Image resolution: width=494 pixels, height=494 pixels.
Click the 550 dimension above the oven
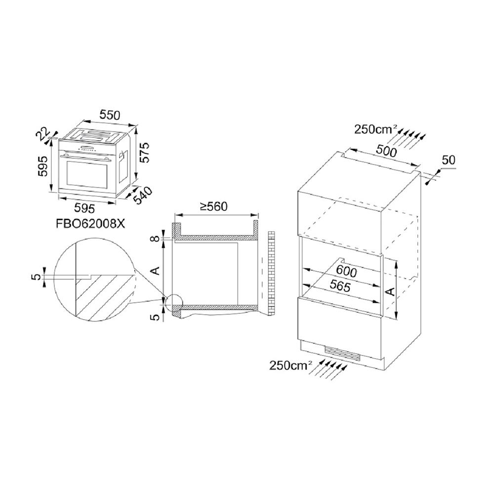pos(110,115)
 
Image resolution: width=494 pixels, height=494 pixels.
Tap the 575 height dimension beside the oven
pos(144,153)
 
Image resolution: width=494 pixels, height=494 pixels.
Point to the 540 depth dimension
pos(143,196)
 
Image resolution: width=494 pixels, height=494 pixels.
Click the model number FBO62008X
pos(90,224)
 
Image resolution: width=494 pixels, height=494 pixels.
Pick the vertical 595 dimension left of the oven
pos(42,166)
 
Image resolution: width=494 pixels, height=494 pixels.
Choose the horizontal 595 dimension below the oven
pos(84,208)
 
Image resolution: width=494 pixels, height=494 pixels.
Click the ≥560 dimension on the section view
pos(214,206)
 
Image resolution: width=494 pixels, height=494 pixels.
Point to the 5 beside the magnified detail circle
pos(38,277)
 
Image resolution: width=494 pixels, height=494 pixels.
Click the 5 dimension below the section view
pos(156,318)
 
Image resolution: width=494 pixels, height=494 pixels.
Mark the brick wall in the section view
pos(271,273)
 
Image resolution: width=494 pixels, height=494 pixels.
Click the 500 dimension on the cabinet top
pos(387,152)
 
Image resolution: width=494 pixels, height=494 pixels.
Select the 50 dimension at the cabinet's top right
pos(449,161)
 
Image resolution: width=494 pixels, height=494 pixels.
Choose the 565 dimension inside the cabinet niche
pos(340,286)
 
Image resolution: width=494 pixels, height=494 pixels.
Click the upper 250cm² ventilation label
pos(376,129)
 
